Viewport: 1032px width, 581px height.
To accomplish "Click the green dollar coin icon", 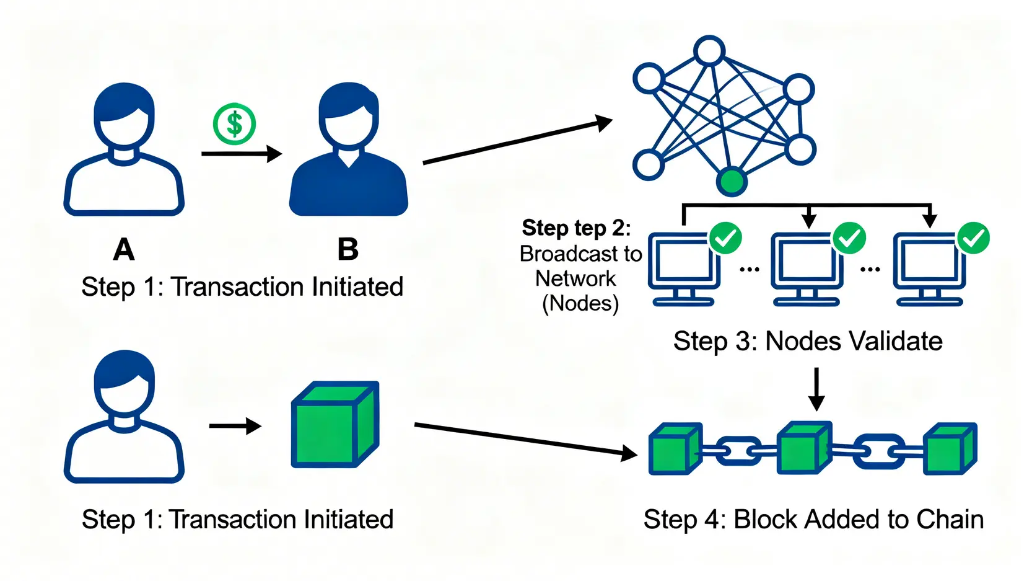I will click(234, 124).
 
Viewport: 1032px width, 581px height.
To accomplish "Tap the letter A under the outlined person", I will click(124, 250).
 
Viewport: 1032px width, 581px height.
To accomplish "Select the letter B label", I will click(348, 249).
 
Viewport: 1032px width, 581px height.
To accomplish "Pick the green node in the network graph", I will click(732, 182).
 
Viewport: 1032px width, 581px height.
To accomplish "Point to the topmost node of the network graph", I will click(709, 50).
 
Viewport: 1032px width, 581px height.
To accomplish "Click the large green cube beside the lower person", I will click(335, 425).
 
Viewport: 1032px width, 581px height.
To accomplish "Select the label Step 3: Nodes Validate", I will click(808, 342).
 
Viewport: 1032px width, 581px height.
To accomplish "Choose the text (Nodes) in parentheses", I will click(580, 304).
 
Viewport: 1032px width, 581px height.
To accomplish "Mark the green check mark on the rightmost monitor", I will click(973, 238).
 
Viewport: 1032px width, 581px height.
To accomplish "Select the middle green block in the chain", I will click(803, 448).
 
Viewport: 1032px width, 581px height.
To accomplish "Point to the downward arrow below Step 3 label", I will click(816, 389).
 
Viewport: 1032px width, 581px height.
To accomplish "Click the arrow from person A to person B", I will click(242, 153).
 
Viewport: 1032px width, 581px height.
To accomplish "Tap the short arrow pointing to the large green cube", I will click(235, 426).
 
